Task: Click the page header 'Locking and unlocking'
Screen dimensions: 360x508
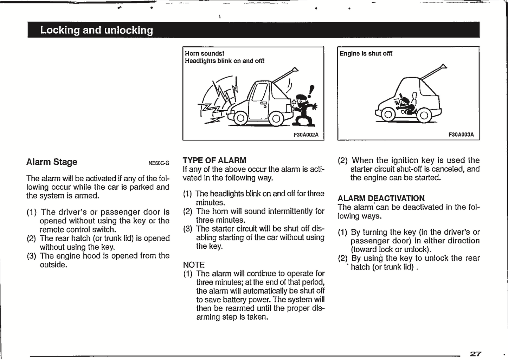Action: (x=96, y=30)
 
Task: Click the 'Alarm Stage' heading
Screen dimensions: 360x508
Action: (x=52, y=162)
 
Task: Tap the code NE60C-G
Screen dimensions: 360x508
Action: (x=159, y=163)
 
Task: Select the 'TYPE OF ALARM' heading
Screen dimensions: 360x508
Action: (x=214, y=161)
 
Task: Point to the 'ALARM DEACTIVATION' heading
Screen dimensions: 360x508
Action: (x=381, y=198)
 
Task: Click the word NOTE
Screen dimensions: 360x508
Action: (x=194, y=265)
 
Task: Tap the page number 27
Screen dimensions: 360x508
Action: (x=475, y=354)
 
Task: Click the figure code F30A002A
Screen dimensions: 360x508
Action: (x=306, y=135)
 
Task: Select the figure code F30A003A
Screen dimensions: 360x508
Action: (x=461, y=135)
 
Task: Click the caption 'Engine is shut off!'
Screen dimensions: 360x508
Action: (x=366, y=54)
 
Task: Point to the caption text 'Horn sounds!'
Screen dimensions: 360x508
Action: (x=204, y=54)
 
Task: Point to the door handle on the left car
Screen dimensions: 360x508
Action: (x=263, y=103)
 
